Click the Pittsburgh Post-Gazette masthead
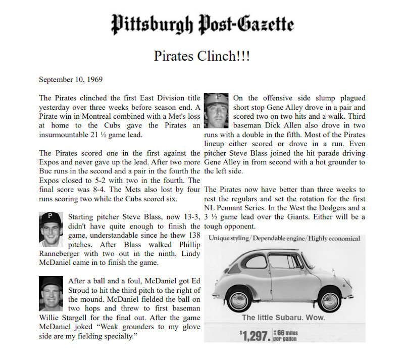click(202, 24)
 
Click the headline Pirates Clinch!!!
click(202, 55)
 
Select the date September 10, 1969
click(71, 80)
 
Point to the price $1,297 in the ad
click(255, 335)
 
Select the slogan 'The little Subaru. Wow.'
click(283, 318)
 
